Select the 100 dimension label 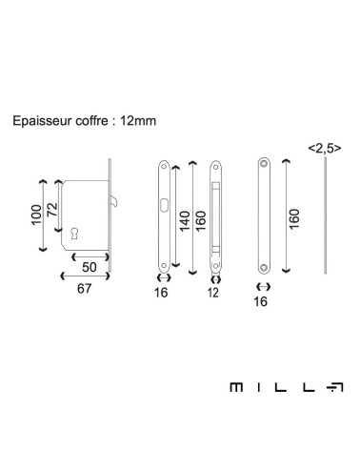36,215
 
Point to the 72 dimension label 52,210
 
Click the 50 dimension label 90,267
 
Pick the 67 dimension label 84,289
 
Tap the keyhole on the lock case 74,234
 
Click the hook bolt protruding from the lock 114,200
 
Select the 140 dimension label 185,221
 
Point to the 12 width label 213,293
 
